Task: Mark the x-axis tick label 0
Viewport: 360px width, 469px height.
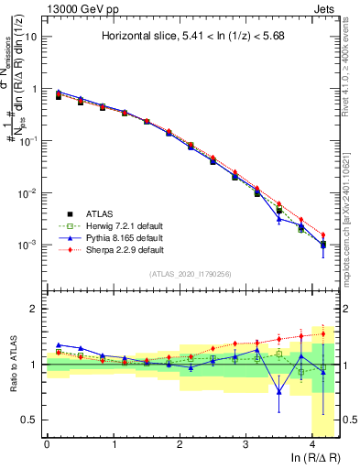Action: click(x=47, y=444)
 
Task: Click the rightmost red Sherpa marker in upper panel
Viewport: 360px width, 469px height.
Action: click(x=322, y=235)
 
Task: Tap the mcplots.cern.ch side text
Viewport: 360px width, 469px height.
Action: click(x=350, y=206)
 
